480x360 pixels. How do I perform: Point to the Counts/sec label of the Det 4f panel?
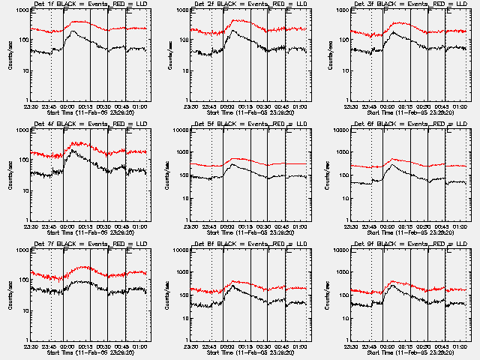pyautogui.click(x=10, y=175)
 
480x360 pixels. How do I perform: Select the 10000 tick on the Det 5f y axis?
pyautogui.click(x=178, y=130)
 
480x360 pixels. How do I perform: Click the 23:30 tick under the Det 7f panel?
pyautogui.click(x=31, y=346)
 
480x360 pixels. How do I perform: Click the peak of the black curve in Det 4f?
pyautogui.click(x=73, y=151)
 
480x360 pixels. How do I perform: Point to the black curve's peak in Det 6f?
pyautogui.click(x=395, y=164)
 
